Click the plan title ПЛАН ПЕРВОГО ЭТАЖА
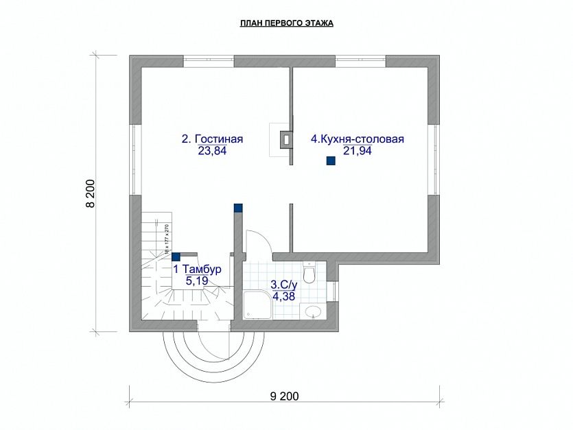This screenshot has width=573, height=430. (286, 23)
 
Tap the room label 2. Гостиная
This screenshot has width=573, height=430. (212, 139)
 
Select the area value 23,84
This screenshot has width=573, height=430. (211, 152)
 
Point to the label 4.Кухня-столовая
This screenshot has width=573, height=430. (357, 139)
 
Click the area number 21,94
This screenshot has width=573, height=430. (357, 152)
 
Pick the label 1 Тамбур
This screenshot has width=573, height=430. (197, 270)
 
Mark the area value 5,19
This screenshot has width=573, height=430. (196, 280)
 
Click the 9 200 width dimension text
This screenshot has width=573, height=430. (285, 396)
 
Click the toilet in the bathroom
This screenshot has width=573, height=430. (310, 273)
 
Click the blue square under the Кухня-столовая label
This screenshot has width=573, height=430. (330, 161)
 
